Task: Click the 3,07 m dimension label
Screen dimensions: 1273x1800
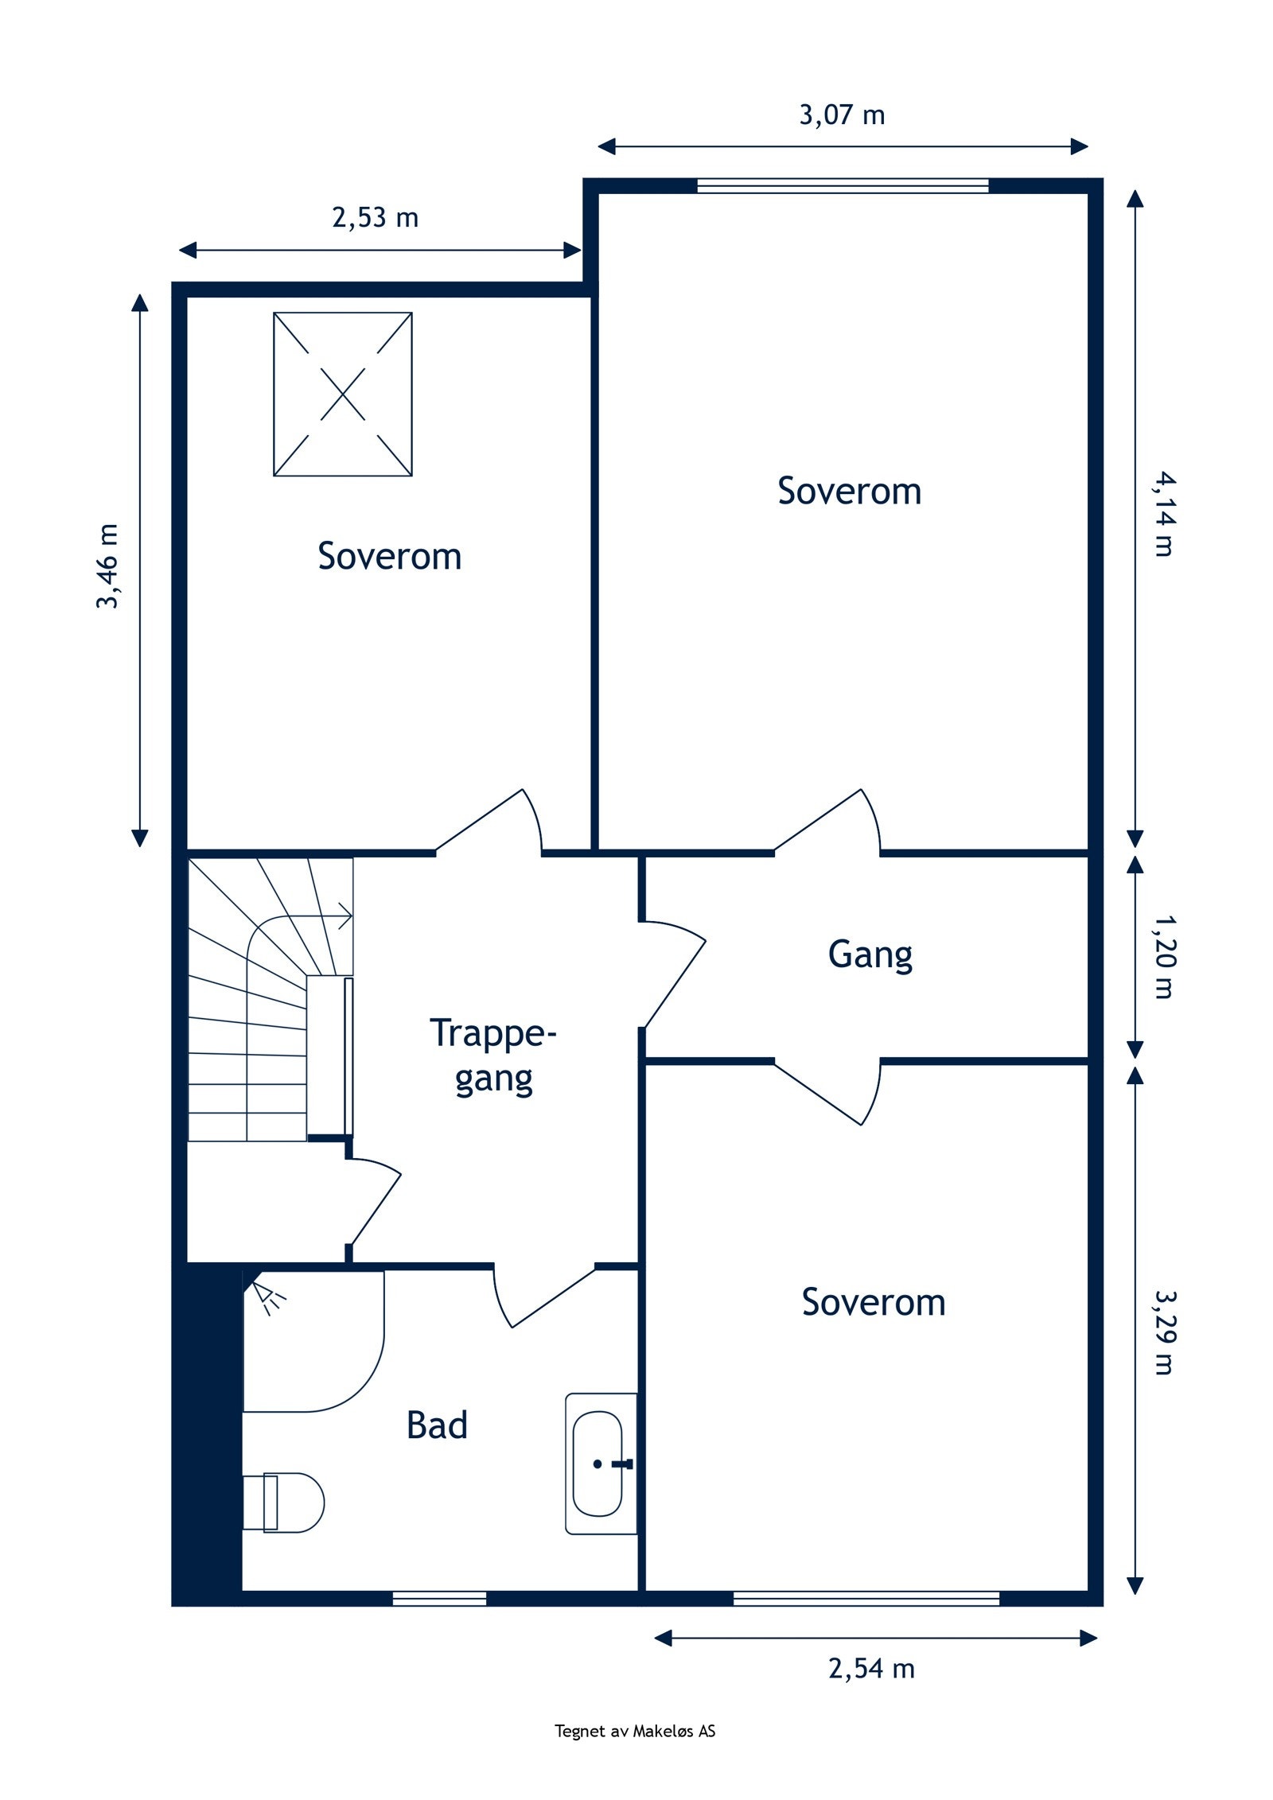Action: (842, 115)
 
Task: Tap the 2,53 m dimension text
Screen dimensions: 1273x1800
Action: (375, 217)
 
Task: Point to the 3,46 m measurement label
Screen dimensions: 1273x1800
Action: (107, 566)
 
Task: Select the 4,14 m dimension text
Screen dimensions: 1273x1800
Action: (1164, 515)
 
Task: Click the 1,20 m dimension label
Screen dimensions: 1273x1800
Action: (1164, 956)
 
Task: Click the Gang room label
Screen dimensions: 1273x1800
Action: (870, 954)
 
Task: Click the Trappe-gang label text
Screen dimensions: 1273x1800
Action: (493, 1056)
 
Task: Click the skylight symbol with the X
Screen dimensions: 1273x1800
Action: (343, 395)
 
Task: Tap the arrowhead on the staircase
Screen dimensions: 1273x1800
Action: (345, 916)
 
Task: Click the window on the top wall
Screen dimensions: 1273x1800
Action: (843, 186)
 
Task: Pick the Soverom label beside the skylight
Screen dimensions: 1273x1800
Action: (389, 556)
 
